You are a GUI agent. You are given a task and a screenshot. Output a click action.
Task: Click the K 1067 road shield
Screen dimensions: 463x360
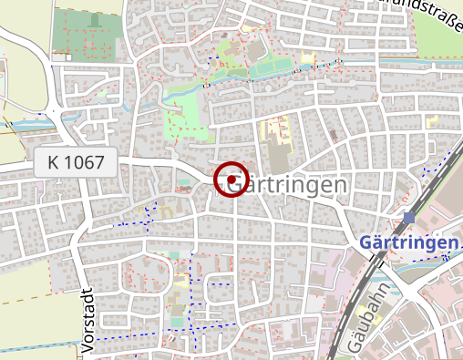pos(77,164)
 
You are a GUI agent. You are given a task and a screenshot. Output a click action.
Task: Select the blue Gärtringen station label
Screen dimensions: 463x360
pos(408,242)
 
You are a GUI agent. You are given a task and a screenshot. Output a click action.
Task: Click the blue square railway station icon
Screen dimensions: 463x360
pos(410,218)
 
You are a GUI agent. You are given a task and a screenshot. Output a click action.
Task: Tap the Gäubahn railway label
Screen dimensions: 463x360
pos(366,318)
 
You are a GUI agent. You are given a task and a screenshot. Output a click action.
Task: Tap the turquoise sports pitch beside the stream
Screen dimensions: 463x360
pos(273,67)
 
